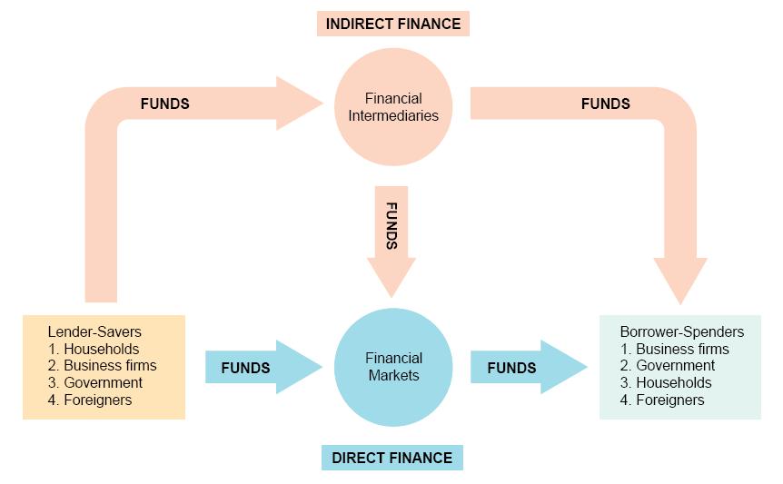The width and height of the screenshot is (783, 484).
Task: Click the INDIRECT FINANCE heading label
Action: coord(392,24)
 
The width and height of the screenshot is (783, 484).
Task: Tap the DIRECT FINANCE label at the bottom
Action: coord(391,458)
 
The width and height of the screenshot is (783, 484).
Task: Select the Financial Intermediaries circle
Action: coord(392,107)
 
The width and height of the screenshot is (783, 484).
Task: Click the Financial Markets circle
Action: coord(392,366)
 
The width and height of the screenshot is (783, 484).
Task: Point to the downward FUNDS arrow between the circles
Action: coord(391,238)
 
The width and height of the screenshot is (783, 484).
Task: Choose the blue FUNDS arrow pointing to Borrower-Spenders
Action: coord(527,368)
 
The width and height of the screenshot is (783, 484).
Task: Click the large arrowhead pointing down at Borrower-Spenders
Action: coord(680,278)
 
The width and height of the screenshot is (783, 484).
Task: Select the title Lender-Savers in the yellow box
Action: coord(94,332)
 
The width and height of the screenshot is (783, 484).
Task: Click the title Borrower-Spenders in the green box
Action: coord(681,332)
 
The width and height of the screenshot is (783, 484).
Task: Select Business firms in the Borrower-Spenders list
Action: coord(675,349)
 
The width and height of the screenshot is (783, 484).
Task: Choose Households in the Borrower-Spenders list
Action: coord(666,382)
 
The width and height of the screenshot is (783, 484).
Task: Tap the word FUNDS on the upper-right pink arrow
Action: coord(605,104)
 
